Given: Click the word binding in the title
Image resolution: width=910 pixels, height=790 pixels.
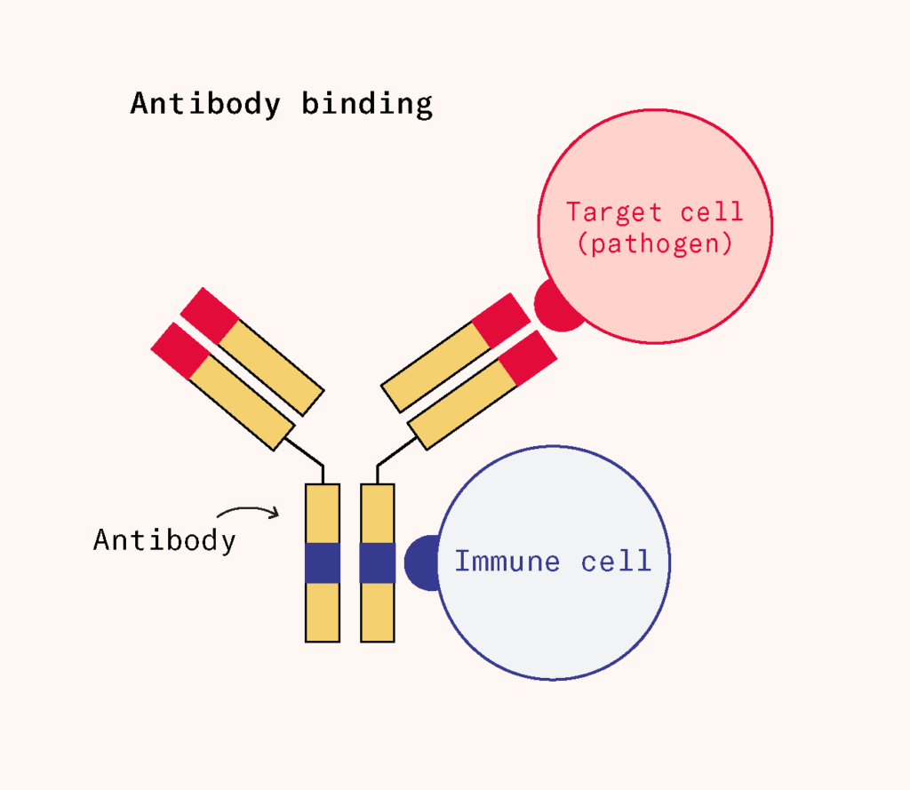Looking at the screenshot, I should pos(366,104).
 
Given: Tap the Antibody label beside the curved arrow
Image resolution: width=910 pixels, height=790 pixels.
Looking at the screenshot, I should pos(164,539).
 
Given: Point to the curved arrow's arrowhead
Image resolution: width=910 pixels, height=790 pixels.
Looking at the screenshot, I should pos(275,513).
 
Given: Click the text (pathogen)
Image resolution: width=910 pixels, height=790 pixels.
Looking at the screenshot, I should pos(655,243).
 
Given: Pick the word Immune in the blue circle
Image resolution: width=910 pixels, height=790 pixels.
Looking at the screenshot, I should pos(507,562).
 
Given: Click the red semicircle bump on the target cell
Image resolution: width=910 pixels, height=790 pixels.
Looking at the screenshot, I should pos(555,307).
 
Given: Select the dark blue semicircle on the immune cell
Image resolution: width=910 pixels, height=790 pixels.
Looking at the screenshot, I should pos(420,563).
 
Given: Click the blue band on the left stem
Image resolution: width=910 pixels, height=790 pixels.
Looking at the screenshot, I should pos(323,563).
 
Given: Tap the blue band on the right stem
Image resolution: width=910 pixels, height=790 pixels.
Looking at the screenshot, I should pos(377,563).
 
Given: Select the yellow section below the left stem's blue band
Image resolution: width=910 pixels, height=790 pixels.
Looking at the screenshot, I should pos(323,612).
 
